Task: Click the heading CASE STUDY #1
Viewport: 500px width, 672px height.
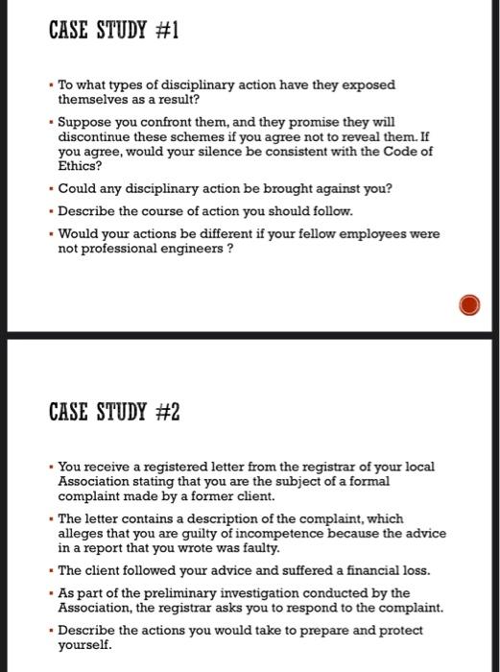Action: [113, 31]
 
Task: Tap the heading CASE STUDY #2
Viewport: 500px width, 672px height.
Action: [114, 414]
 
